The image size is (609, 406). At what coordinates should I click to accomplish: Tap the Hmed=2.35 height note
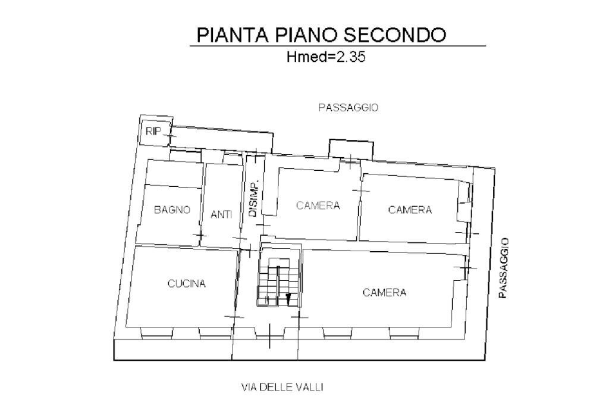pos(325,58)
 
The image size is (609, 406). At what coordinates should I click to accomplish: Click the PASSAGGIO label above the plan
pos(349,108)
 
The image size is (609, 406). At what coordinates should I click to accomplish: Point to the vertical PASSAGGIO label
pos(504,268)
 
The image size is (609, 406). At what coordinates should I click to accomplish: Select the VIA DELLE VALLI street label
pos(282,388)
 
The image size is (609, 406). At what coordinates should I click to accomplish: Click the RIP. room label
pos(154,131)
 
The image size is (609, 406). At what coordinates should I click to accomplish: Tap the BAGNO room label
pos(172,210)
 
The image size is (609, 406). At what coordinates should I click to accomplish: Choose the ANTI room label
pos(221,214)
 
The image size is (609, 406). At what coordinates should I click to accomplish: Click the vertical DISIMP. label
pos(253,198)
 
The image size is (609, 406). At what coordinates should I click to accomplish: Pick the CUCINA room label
pos(186,284)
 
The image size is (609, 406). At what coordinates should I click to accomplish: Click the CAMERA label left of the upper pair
pos(318,206)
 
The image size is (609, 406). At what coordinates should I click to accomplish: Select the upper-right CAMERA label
pos(410,210)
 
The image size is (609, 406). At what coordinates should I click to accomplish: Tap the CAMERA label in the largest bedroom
pos(384,292)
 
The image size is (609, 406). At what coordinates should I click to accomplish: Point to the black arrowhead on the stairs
pos(288,298)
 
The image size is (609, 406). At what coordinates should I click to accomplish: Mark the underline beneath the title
pos(338,46)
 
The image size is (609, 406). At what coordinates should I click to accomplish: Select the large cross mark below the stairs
pos(270,336)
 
